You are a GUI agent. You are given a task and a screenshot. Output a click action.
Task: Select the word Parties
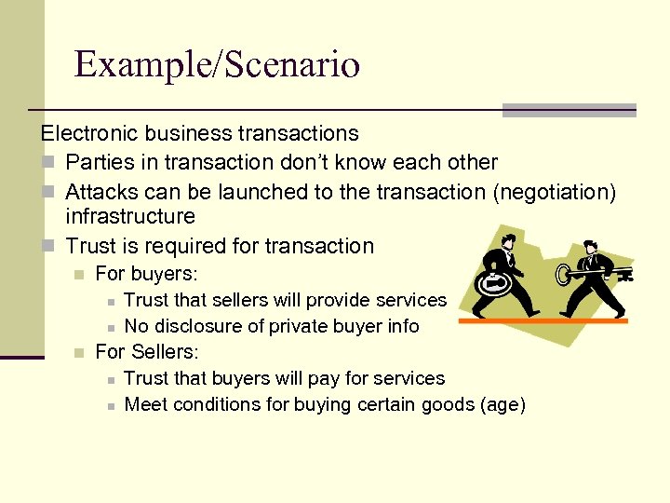click(100, 162)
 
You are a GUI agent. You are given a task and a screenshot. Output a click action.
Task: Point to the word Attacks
click(102, 192)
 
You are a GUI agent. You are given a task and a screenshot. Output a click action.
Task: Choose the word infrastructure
click(130, 217)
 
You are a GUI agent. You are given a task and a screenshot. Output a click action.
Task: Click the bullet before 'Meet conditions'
click(110, 405)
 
